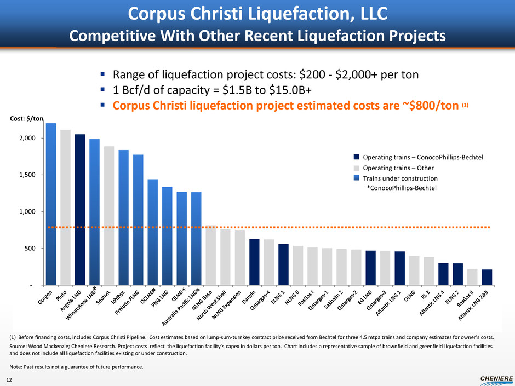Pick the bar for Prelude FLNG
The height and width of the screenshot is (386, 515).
(138, 220)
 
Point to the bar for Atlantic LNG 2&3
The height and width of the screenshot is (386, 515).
(487, 277)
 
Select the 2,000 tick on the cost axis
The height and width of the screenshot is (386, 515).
(27, 138)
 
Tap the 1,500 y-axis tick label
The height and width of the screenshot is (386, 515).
(27, 175)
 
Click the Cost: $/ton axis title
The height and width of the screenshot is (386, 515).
(27, 119)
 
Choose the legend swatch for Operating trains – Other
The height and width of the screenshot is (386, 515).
(357, 168)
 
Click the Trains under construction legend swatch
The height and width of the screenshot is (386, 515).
(357, 178)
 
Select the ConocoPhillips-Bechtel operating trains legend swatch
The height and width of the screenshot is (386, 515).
(357, 158)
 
